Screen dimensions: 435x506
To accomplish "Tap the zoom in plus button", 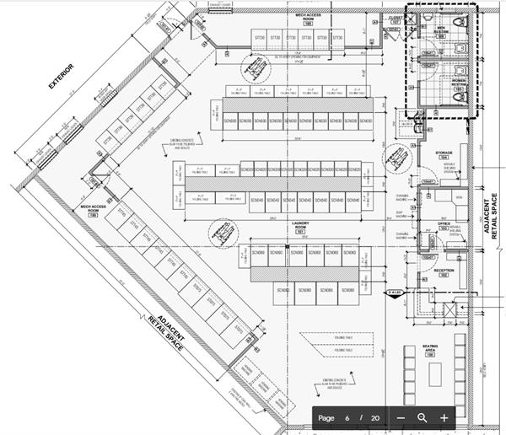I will [x=444, y=418].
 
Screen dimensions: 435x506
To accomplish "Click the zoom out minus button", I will [x=401, y=418].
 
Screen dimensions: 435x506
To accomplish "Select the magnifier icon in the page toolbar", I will [x=423, y=418].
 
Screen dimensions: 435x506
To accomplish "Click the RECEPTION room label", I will [x=444, y=271].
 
